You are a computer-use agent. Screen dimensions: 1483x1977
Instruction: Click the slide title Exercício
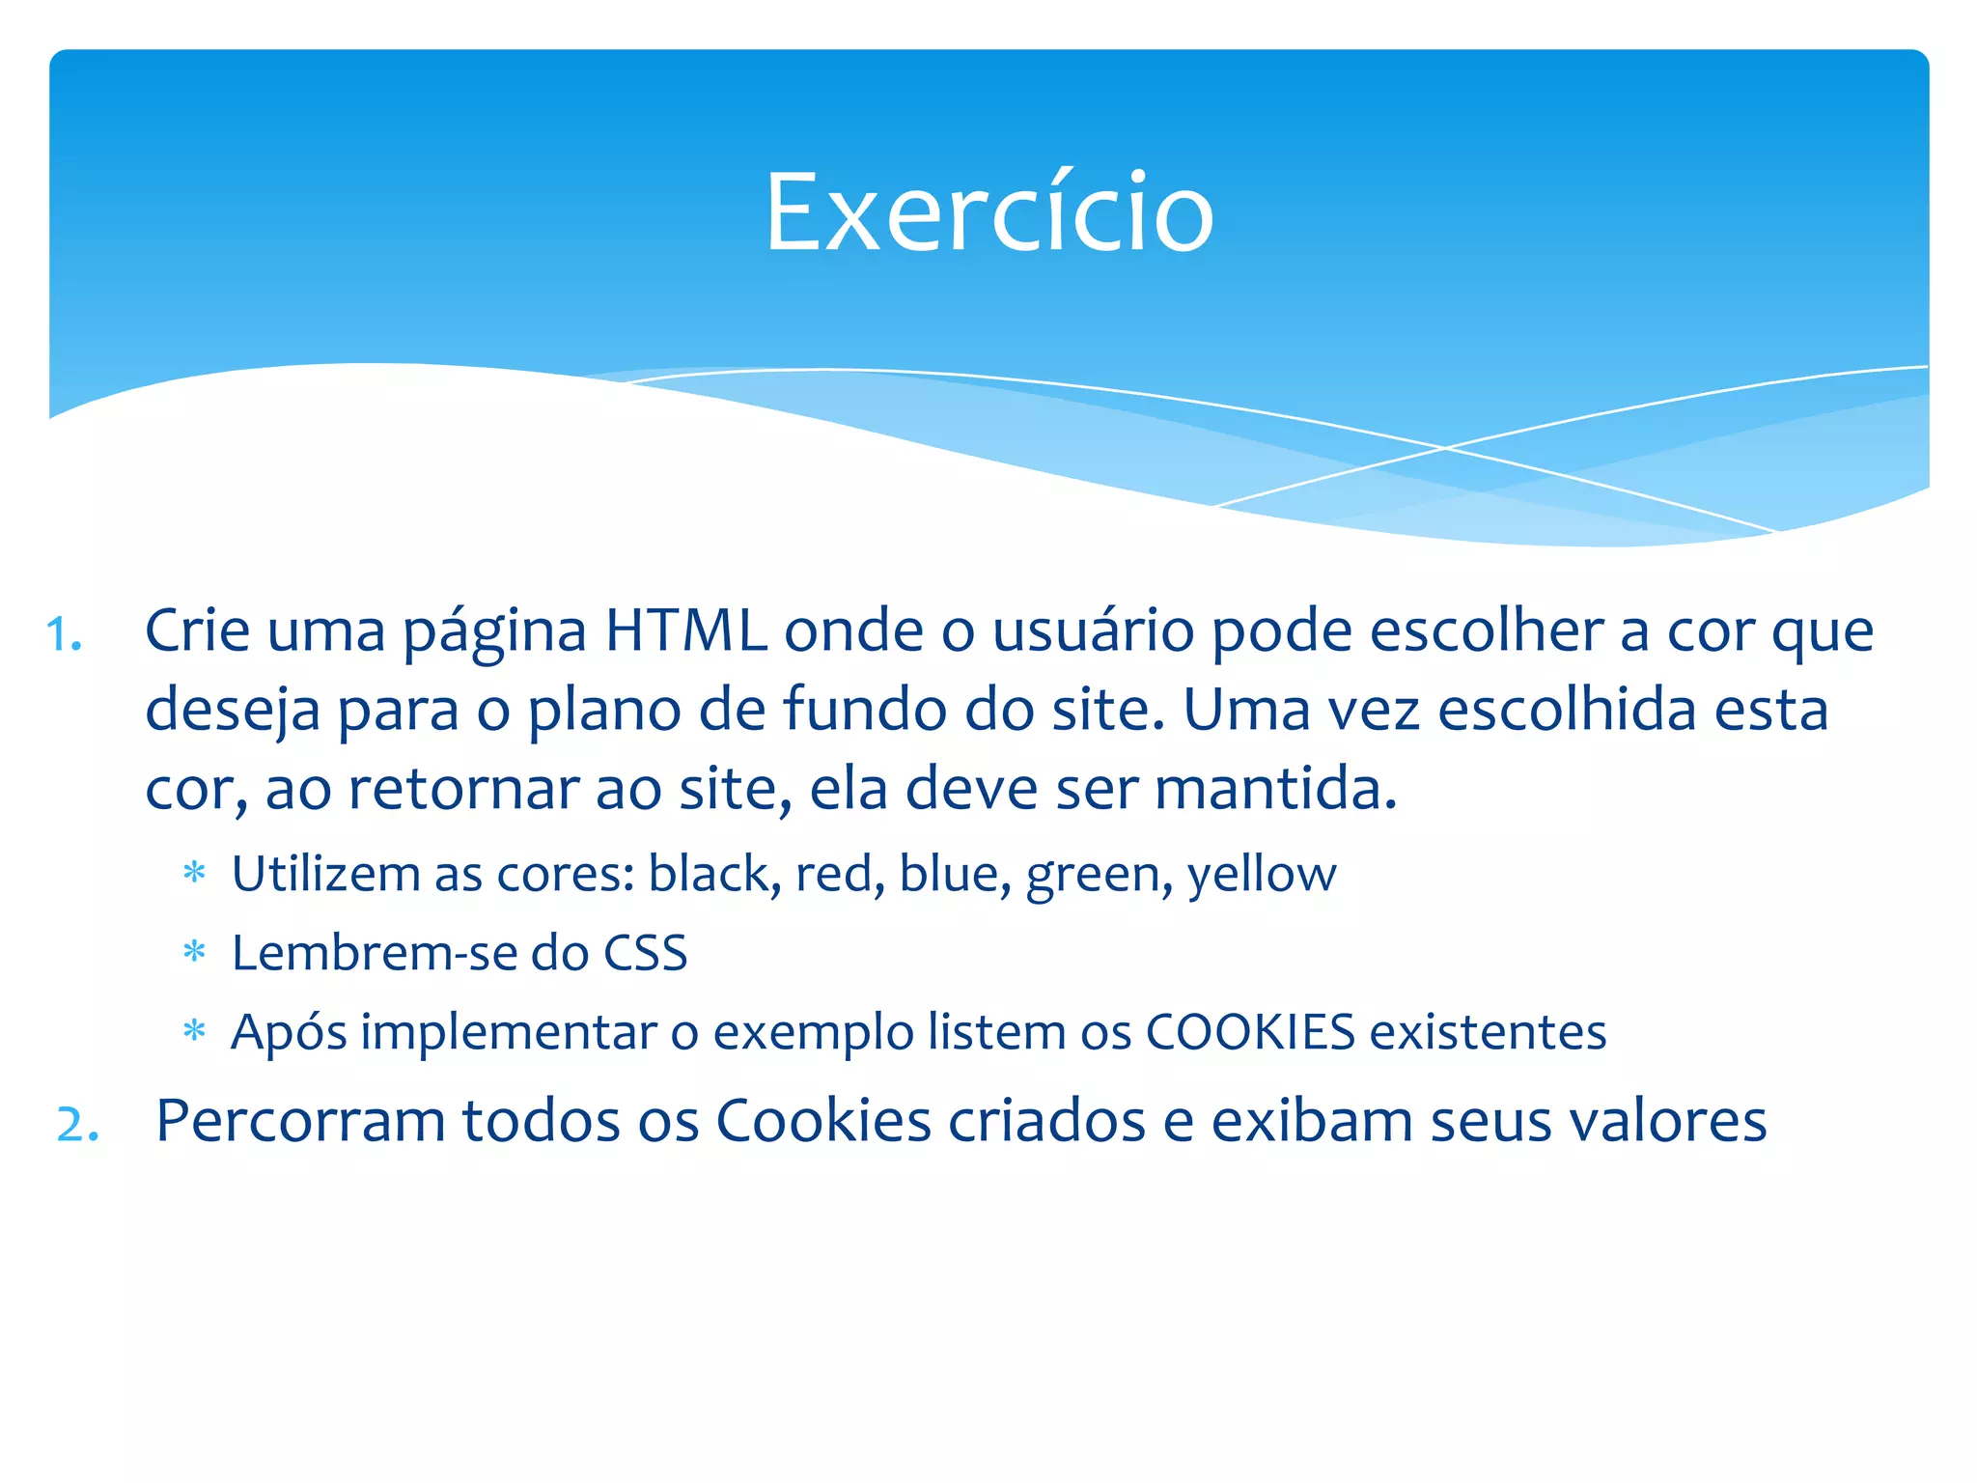pos(988,212)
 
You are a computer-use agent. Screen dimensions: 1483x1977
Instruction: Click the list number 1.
pos(64,635)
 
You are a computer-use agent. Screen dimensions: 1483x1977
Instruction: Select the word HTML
pos(685,631)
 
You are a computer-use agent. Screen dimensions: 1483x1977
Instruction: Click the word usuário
pos(1094,631)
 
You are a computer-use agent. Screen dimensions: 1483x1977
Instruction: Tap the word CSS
pos(645,954)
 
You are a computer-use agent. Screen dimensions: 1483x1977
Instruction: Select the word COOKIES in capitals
pos(1250,1032)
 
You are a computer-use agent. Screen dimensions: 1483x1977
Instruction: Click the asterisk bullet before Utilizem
pos(195,875)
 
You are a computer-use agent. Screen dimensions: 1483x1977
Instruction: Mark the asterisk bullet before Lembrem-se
pos(195,954)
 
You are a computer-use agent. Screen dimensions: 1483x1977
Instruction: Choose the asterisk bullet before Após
pos(195,1033)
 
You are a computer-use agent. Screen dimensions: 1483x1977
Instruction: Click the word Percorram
pos(300,1122)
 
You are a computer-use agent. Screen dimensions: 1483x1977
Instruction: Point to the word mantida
pos(1275,789)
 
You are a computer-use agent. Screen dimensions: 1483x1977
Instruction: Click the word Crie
pos(197,631)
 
